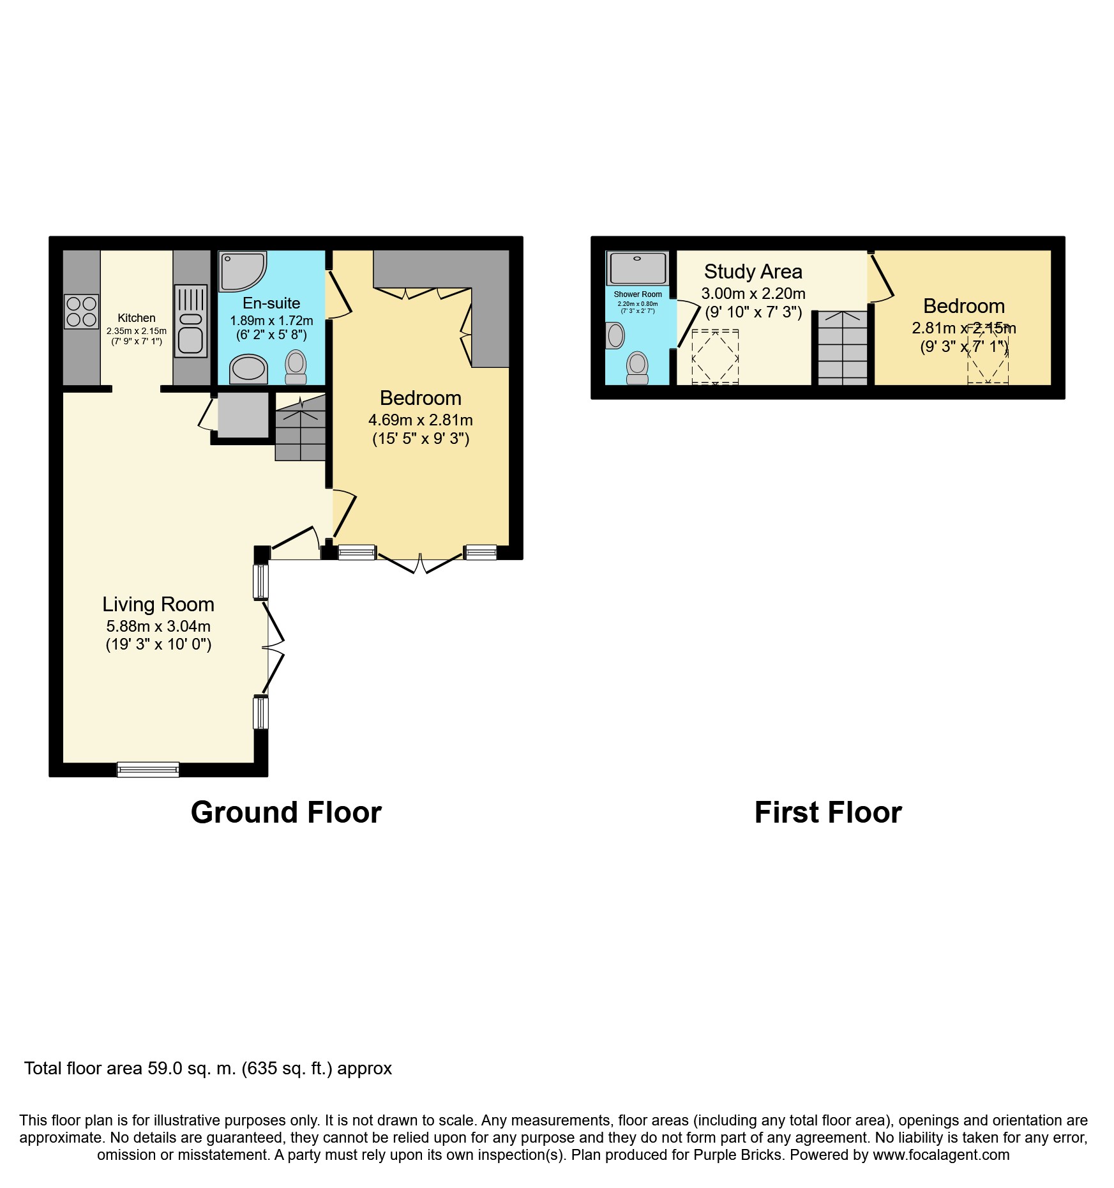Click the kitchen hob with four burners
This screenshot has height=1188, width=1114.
82,312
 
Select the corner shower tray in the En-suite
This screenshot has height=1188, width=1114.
241,271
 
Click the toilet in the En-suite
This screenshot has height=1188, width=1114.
296,365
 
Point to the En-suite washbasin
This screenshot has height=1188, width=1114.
248,369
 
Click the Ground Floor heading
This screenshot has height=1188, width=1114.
286,812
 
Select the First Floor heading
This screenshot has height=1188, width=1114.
828,812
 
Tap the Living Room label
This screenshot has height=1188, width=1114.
158,604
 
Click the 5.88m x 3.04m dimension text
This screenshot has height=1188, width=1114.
158,627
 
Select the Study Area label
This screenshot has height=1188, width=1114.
753,271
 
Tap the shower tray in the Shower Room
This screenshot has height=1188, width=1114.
638,268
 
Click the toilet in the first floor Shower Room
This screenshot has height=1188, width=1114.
637,367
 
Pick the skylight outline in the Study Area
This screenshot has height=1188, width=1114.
715,356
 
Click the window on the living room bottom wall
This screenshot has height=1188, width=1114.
148,770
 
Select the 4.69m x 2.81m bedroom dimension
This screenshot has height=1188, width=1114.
420,420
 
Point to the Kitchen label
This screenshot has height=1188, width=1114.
137,317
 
